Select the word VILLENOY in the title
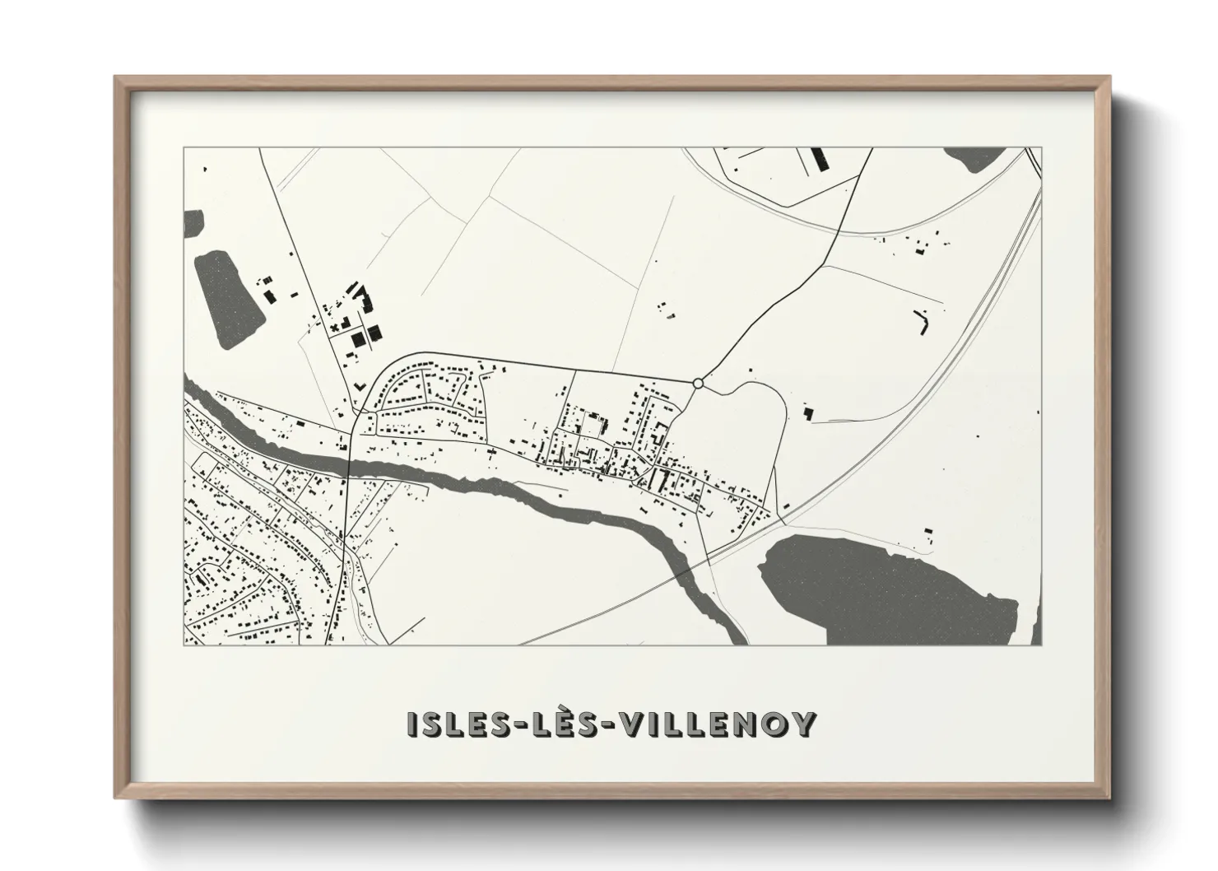pyautogui.click(x=718, y=724)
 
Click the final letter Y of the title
pyautogui.click(x=804, y=724)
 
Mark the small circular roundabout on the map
pyautogui.click(x=698, y=383)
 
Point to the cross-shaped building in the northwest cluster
pyautogui.click(x=334, y=327)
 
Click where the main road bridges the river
pyautogui.click(x=350, y=466)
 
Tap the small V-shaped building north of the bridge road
pyautogui.click(x=360, y=384)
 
